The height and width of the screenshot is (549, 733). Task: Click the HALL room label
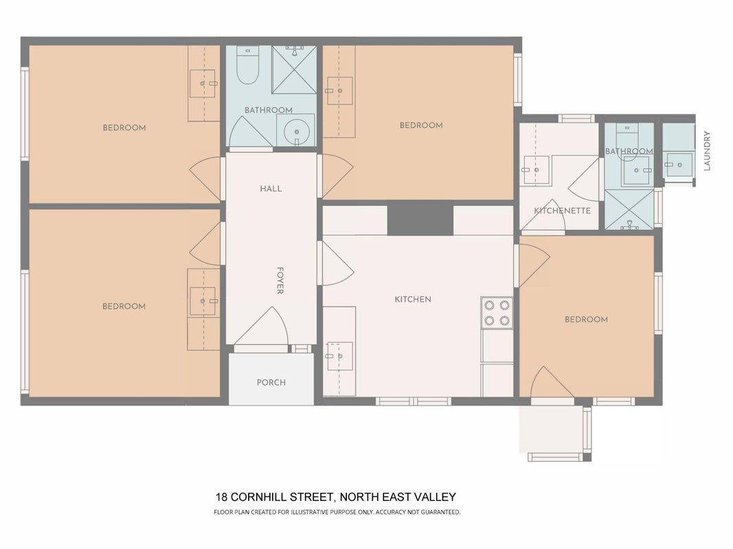point(271,189)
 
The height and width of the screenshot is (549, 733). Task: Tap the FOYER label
point(280,281)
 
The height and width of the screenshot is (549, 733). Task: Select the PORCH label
point(271,382)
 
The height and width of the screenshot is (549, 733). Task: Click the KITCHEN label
point(413,299)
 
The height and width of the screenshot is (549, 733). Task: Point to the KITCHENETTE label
point(563,211)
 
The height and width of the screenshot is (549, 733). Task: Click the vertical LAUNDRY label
point(707,151)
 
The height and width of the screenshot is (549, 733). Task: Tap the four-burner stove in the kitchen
point(497,313)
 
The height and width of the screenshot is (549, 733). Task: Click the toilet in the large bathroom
point(248,65)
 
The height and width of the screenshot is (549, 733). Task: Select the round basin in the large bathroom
point(296,130)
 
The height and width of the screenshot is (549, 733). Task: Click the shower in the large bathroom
point(295,69)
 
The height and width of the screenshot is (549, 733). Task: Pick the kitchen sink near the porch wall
point(339,356)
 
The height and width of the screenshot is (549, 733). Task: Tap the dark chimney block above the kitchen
point(420,218)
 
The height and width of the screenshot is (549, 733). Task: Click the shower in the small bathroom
point(629,209)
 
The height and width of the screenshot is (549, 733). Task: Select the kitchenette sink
point(537,170)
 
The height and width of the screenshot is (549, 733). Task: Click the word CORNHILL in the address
point(258,497)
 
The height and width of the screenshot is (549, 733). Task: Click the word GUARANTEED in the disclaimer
point(441,512)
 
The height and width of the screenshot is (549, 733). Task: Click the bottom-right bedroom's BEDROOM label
point(586,320)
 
